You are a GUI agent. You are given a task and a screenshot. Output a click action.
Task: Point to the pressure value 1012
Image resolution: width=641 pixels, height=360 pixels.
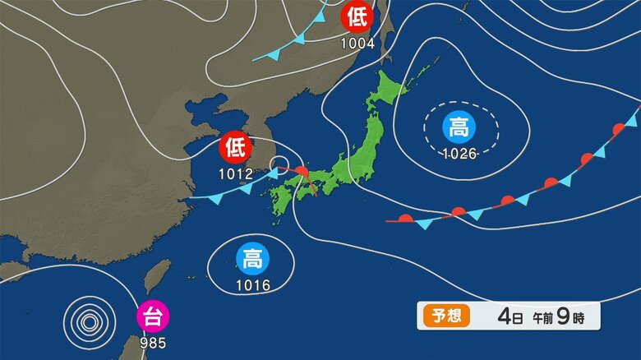235,174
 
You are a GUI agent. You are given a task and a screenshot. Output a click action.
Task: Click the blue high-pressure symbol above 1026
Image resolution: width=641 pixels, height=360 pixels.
459,127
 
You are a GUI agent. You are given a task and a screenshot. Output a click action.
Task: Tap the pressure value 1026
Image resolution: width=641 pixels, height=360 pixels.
459,154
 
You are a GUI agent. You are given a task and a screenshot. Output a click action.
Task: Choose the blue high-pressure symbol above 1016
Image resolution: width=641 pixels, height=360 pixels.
252,260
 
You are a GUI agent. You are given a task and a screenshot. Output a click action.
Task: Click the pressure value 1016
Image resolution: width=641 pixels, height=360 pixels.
252,286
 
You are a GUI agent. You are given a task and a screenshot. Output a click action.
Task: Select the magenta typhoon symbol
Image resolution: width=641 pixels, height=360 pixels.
152,316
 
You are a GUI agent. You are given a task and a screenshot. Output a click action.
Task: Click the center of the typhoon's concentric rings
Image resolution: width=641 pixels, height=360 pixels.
87,319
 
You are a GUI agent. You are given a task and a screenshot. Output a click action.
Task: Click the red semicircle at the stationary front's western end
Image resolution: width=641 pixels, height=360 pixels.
406,218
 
